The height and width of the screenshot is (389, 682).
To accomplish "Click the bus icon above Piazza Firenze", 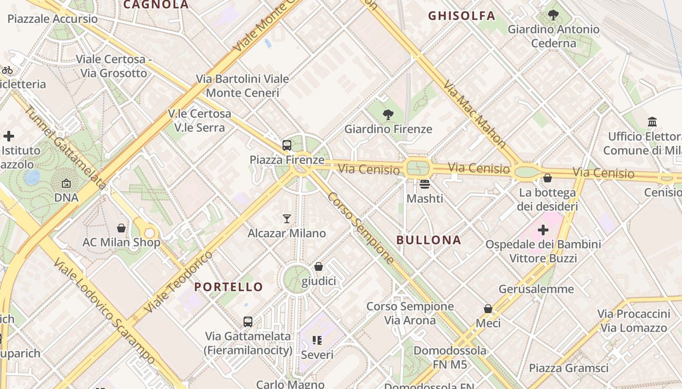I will coord(287,145).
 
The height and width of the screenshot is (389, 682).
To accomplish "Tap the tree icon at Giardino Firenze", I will coord(388,115).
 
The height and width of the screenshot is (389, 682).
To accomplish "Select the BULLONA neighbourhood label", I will coord(429,240).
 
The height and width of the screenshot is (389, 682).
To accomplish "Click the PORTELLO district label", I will coord(228,287).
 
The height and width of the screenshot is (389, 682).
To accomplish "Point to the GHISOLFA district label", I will coord(461,16).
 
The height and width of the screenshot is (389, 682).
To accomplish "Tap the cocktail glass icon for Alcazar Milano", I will coord(287,219).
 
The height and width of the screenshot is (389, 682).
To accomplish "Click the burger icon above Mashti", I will coord(425,184).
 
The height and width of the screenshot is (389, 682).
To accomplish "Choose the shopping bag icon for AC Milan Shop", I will coord(121,228).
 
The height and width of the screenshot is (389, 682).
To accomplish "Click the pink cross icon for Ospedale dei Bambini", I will coord(543,230).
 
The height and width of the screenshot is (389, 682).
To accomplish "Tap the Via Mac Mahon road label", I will coord(474,114).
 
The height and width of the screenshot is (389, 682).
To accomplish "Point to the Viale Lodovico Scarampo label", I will coord(105,311).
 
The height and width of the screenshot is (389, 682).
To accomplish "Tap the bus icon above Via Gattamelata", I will coord(248,321).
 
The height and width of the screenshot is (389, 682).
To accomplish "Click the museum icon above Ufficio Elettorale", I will coord(652,122).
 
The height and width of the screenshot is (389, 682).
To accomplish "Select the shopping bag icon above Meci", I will coord(488,309).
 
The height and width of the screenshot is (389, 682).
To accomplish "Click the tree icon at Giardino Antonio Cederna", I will coord(553,15).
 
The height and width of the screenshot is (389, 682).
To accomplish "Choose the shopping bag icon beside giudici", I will coord(319,266).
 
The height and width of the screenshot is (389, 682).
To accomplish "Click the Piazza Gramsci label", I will coord(568,368).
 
